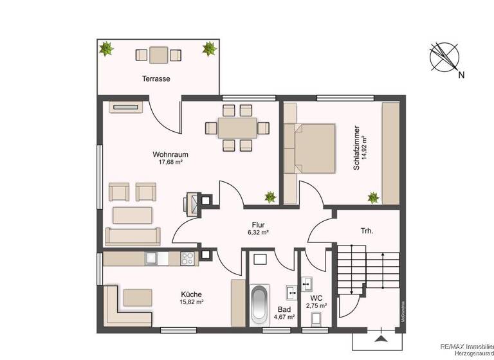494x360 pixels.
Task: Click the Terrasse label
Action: tap(156, 78)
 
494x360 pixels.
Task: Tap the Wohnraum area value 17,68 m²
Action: tap(171, 162)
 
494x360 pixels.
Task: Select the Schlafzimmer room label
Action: tap(355, 148)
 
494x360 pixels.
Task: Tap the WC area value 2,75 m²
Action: tap(316, 306)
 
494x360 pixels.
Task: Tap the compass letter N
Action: tap(461, 75)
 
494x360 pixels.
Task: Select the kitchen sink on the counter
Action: tap(152, 258)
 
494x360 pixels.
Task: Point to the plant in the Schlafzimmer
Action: tap(372, 197)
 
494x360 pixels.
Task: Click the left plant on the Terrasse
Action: tap(105, 48)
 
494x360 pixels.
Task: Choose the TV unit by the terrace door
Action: tap(124, 107)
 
